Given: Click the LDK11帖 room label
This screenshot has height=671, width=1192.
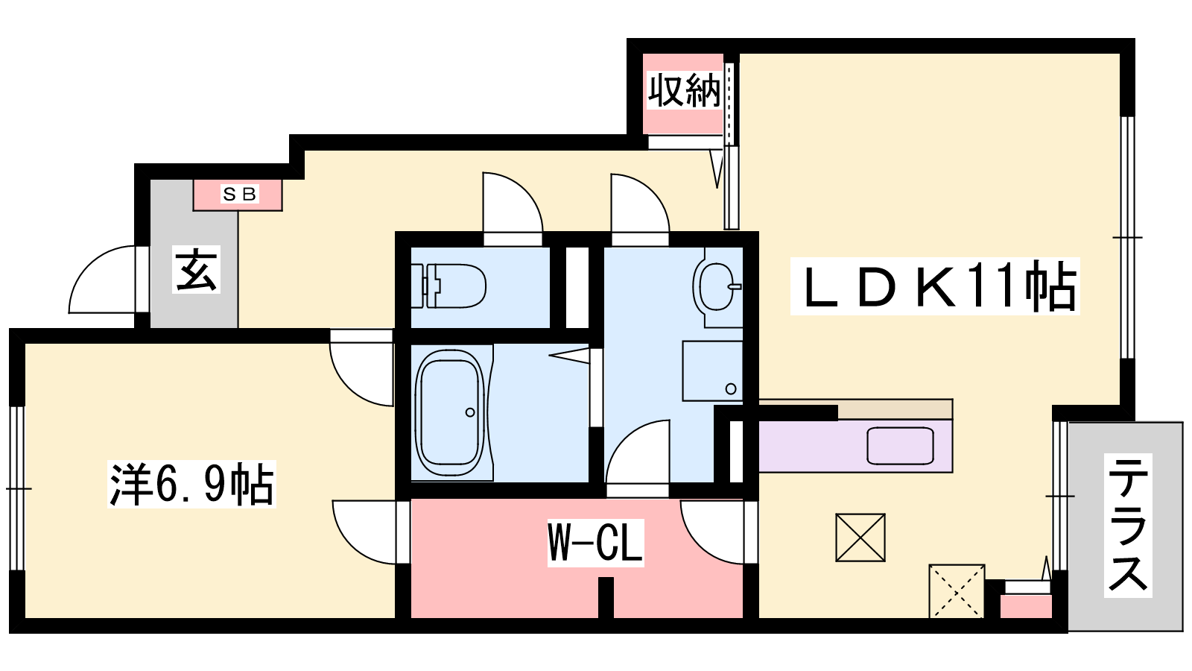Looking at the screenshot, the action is tap(934, 286).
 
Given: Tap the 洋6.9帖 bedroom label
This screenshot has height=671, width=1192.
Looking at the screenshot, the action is tap(191, 484).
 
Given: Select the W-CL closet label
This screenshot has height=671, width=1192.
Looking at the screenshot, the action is tap(595, 544).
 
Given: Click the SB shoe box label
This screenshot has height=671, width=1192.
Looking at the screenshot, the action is tap(239, 195).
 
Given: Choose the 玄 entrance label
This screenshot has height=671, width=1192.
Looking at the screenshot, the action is tap(196, 269).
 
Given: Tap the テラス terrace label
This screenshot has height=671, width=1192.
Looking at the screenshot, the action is tap(1128, 525).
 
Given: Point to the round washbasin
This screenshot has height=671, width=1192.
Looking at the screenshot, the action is tap(716, 286).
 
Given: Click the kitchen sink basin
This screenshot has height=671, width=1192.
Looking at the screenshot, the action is tap(900, 445).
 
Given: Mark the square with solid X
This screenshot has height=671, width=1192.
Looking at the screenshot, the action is tap(860, 538).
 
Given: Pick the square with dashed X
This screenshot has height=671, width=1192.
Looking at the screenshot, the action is tap(957, 591).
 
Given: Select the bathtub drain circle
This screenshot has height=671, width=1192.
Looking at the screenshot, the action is tap(470, 412).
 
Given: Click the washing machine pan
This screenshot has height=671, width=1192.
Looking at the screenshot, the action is tap(712, 371).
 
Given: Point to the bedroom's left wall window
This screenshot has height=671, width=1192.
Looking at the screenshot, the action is tap(18, 488).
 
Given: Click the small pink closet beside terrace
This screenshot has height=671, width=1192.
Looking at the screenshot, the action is tap(1025, 607).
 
